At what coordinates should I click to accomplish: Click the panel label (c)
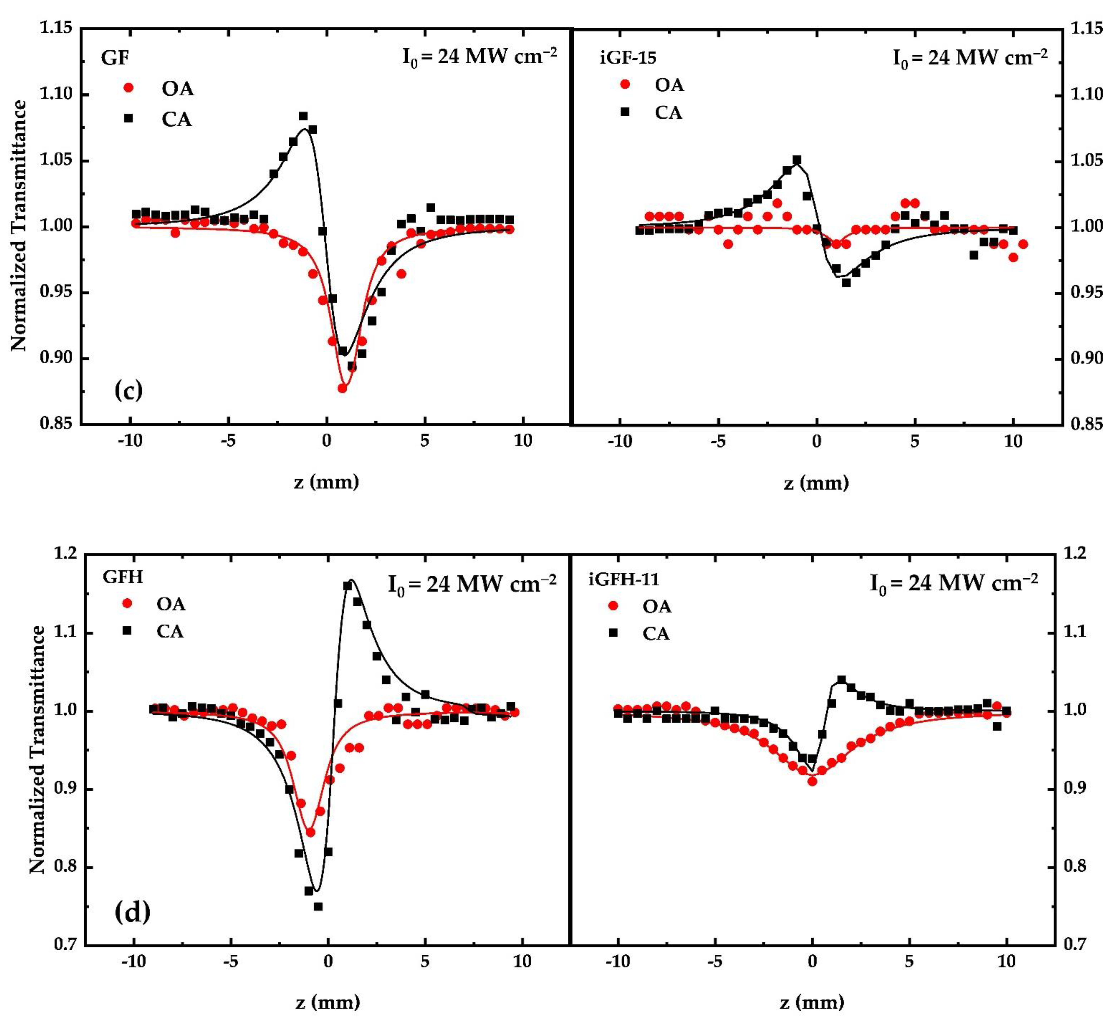128,390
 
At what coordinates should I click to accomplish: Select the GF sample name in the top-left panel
115,57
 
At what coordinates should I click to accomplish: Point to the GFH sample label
123,577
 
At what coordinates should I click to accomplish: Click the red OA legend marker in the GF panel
128,88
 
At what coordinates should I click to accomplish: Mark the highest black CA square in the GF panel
303,116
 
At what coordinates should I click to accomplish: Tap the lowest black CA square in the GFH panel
318,906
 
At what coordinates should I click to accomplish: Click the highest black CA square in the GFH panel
348,586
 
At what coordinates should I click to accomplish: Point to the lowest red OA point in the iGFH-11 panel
812,781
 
